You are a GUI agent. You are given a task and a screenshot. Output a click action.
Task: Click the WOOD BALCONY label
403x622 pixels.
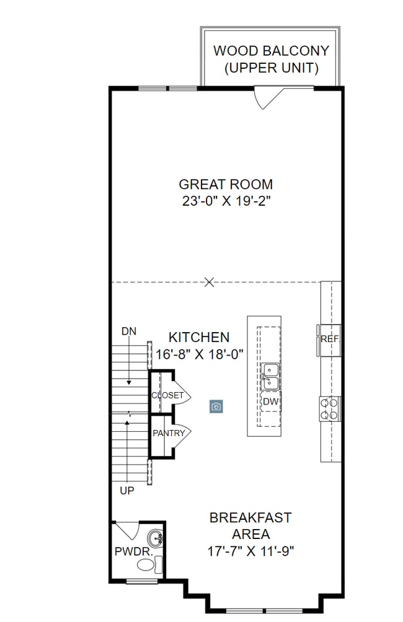tap(271, 51)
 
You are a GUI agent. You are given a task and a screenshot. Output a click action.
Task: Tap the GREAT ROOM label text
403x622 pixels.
tap(226, 184)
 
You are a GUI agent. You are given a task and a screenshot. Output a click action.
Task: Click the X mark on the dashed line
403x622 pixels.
tap(210, 283)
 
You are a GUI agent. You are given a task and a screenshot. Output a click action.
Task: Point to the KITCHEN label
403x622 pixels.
tap(199, 338)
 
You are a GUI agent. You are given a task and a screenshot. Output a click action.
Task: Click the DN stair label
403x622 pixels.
tap(128, 331)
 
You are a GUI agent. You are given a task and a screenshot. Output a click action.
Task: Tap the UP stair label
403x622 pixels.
tap(126, 491)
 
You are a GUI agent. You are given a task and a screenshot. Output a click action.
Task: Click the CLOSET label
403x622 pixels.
tap(167, 395)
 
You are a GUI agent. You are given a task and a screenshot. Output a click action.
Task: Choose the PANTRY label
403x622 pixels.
tap(169, 433)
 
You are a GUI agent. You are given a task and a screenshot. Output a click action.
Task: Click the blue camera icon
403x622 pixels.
tap(216, 406)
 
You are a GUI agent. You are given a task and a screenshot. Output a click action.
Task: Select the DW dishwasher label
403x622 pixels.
tap(270, 402)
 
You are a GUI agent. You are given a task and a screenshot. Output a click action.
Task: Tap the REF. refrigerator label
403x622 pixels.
tap(330, 339)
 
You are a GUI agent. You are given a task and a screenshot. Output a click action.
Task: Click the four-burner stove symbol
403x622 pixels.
tap(330, 408)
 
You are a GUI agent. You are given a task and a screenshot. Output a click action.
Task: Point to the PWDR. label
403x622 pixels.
tap(130, 550)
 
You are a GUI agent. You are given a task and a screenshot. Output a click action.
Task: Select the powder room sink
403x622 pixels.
tap(156, 537)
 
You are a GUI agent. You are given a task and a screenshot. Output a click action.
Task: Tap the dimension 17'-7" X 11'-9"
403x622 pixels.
tap(250, 550)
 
